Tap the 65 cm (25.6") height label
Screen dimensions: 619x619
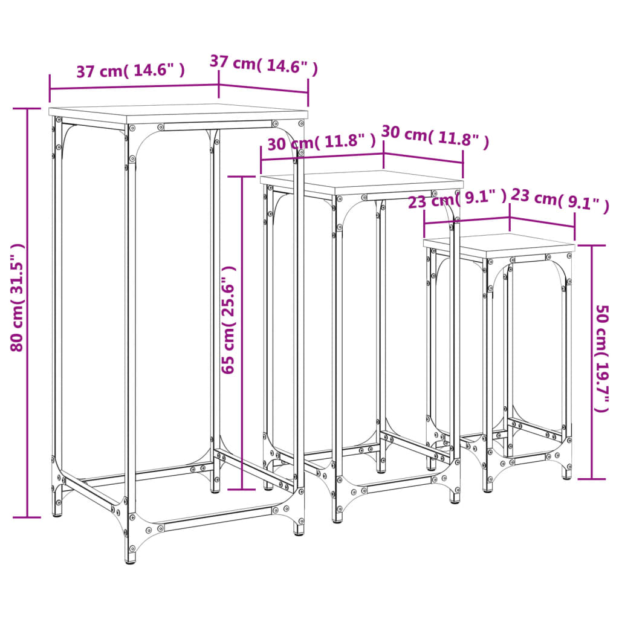[228, 320]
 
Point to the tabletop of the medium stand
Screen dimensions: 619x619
[361, 182]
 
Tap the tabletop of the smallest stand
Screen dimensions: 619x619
[499, 244]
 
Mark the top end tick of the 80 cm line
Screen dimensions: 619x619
[27, 109]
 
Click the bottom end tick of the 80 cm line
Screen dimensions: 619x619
[27, 517]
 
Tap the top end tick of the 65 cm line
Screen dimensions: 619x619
[242, 177]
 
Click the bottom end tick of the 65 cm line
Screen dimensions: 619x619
[242, 489]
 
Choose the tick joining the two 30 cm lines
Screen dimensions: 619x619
[384, 154]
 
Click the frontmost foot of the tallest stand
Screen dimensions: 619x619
[131, 559]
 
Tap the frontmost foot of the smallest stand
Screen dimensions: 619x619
[488, 488]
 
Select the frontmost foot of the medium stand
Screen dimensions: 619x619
[337, 519]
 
